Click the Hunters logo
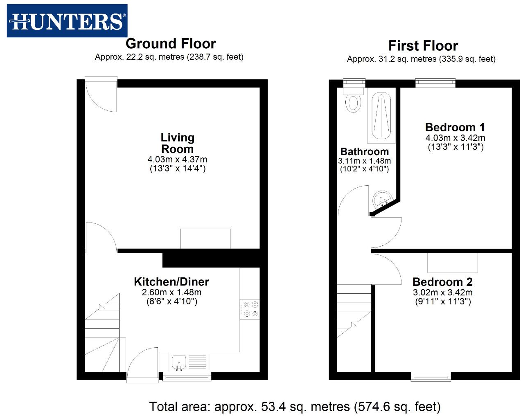pos(67,21)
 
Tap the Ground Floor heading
pos(171,44)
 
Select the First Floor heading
pos(423,46)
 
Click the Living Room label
pos(177,143)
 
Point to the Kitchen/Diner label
pos(171,282)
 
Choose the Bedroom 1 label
pos(455,127)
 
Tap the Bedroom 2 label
pos(442,282)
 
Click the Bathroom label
pos(364,152)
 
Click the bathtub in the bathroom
pos(381,116)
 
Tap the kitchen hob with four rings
pos(250,309)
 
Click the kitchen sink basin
pos(179,362)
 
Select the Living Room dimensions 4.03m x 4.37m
pos(177,160)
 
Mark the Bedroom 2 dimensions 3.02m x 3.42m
pos(442,293)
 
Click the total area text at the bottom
pos(295,407)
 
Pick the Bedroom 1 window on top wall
pos(435,83)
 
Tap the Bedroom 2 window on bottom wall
pos(431,376)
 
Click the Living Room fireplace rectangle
pos(205,238)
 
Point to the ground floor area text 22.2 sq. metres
pos(169,57)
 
